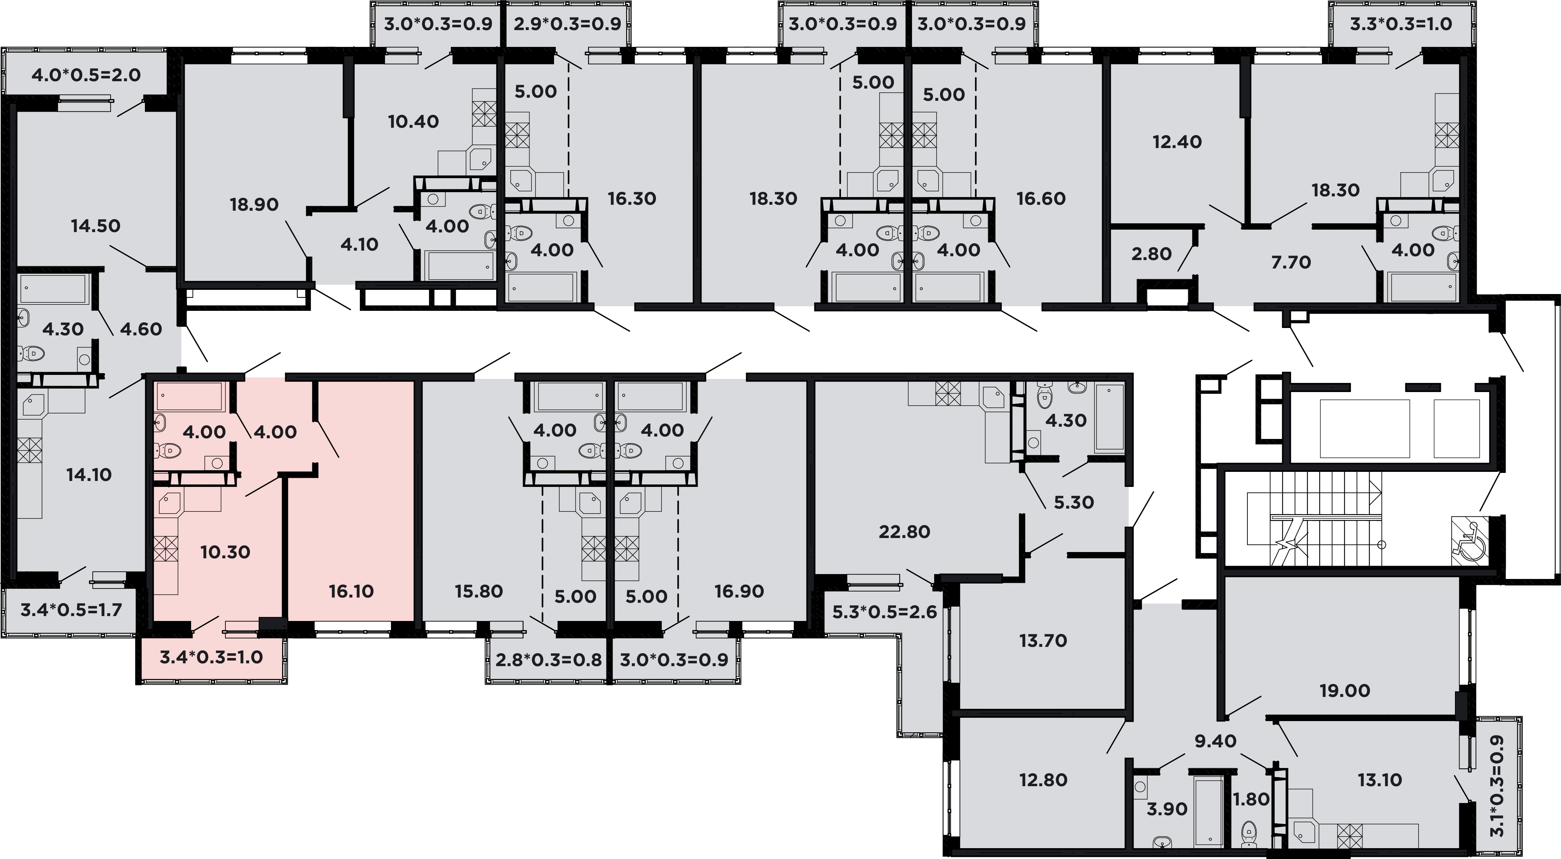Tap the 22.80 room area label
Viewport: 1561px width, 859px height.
pyautogui.click(x=904, y=532)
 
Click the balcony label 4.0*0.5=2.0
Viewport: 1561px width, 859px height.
pyautogui.click(x=86, y=75)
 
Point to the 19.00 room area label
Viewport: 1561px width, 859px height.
pyautogui.click(x=1345, y=691)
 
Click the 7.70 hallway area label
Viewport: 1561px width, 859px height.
pyautogui.click(x=1291, y=263)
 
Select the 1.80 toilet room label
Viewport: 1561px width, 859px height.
pyautogui.click(x=1251, y=799)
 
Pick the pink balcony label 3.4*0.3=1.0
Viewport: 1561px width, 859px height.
pyautogui.click(x=211, y=657)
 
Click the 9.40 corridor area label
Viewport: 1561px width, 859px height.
pyautogui.click(x=1216, y=741)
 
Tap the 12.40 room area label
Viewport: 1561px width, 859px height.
pyautogui.click(x=1177, y=142)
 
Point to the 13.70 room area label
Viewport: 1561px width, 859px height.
pyautogui.click(x=1043, y=641)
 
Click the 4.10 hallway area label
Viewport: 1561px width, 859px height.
pyautogui.click(x=359, y=244)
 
